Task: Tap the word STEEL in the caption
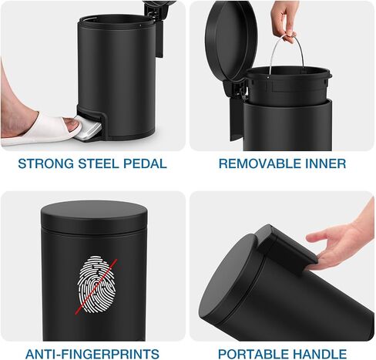99,163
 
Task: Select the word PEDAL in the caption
145,163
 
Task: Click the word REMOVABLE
260,163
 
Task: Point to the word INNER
325,163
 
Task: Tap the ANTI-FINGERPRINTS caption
92,354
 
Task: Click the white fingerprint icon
96,284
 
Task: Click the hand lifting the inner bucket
285,19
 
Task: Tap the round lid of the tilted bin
229,275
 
